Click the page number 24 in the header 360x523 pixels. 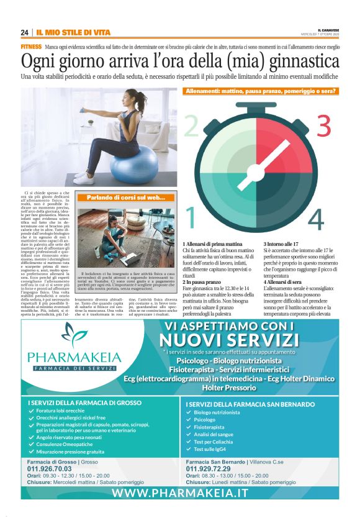(x=24, y=32)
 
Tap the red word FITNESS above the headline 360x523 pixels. (x=31, y=47)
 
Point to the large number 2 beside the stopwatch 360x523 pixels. (x=191, y=125)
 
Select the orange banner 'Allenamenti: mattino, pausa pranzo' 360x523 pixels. (x=261, y=91)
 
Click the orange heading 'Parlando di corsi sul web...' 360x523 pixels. (x=125, y=198)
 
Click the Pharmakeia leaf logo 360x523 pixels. (x=74, y=336)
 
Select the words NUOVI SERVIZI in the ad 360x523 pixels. (x=229, y=340)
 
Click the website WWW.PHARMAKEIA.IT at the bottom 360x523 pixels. (x=180, y=492)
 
